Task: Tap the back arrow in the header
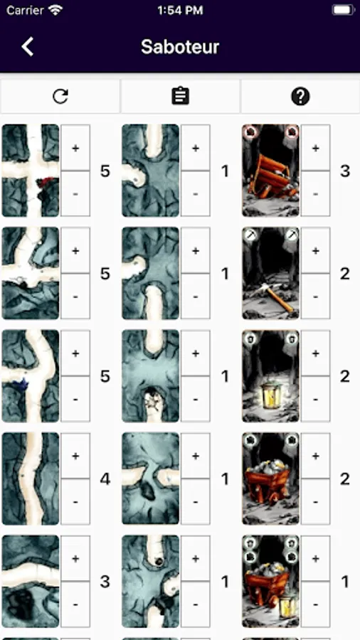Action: click(27, 46)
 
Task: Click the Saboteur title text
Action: click(180, 47)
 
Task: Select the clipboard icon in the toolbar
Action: click(180, 96)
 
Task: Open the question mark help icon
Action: click(300, 96)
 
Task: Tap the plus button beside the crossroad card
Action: click(75, 148)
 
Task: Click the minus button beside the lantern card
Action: click(315, 399)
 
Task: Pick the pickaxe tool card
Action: click(270, 273)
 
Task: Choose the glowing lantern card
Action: click(270, 376)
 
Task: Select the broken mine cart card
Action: click(270, 170)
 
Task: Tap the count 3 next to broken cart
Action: click(345, 171)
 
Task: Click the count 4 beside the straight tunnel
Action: click(105, 479)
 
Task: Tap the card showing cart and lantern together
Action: click(270, 581)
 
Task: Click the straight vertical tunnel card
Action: click(31, 479)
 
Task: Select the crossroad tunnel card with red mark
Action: click(31, 170)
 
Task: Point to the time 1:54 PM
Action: click(180, 10)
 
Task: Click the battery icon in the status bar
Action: click(343, 10)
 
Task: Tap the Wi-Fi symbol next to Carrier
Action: click(55, 10)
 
